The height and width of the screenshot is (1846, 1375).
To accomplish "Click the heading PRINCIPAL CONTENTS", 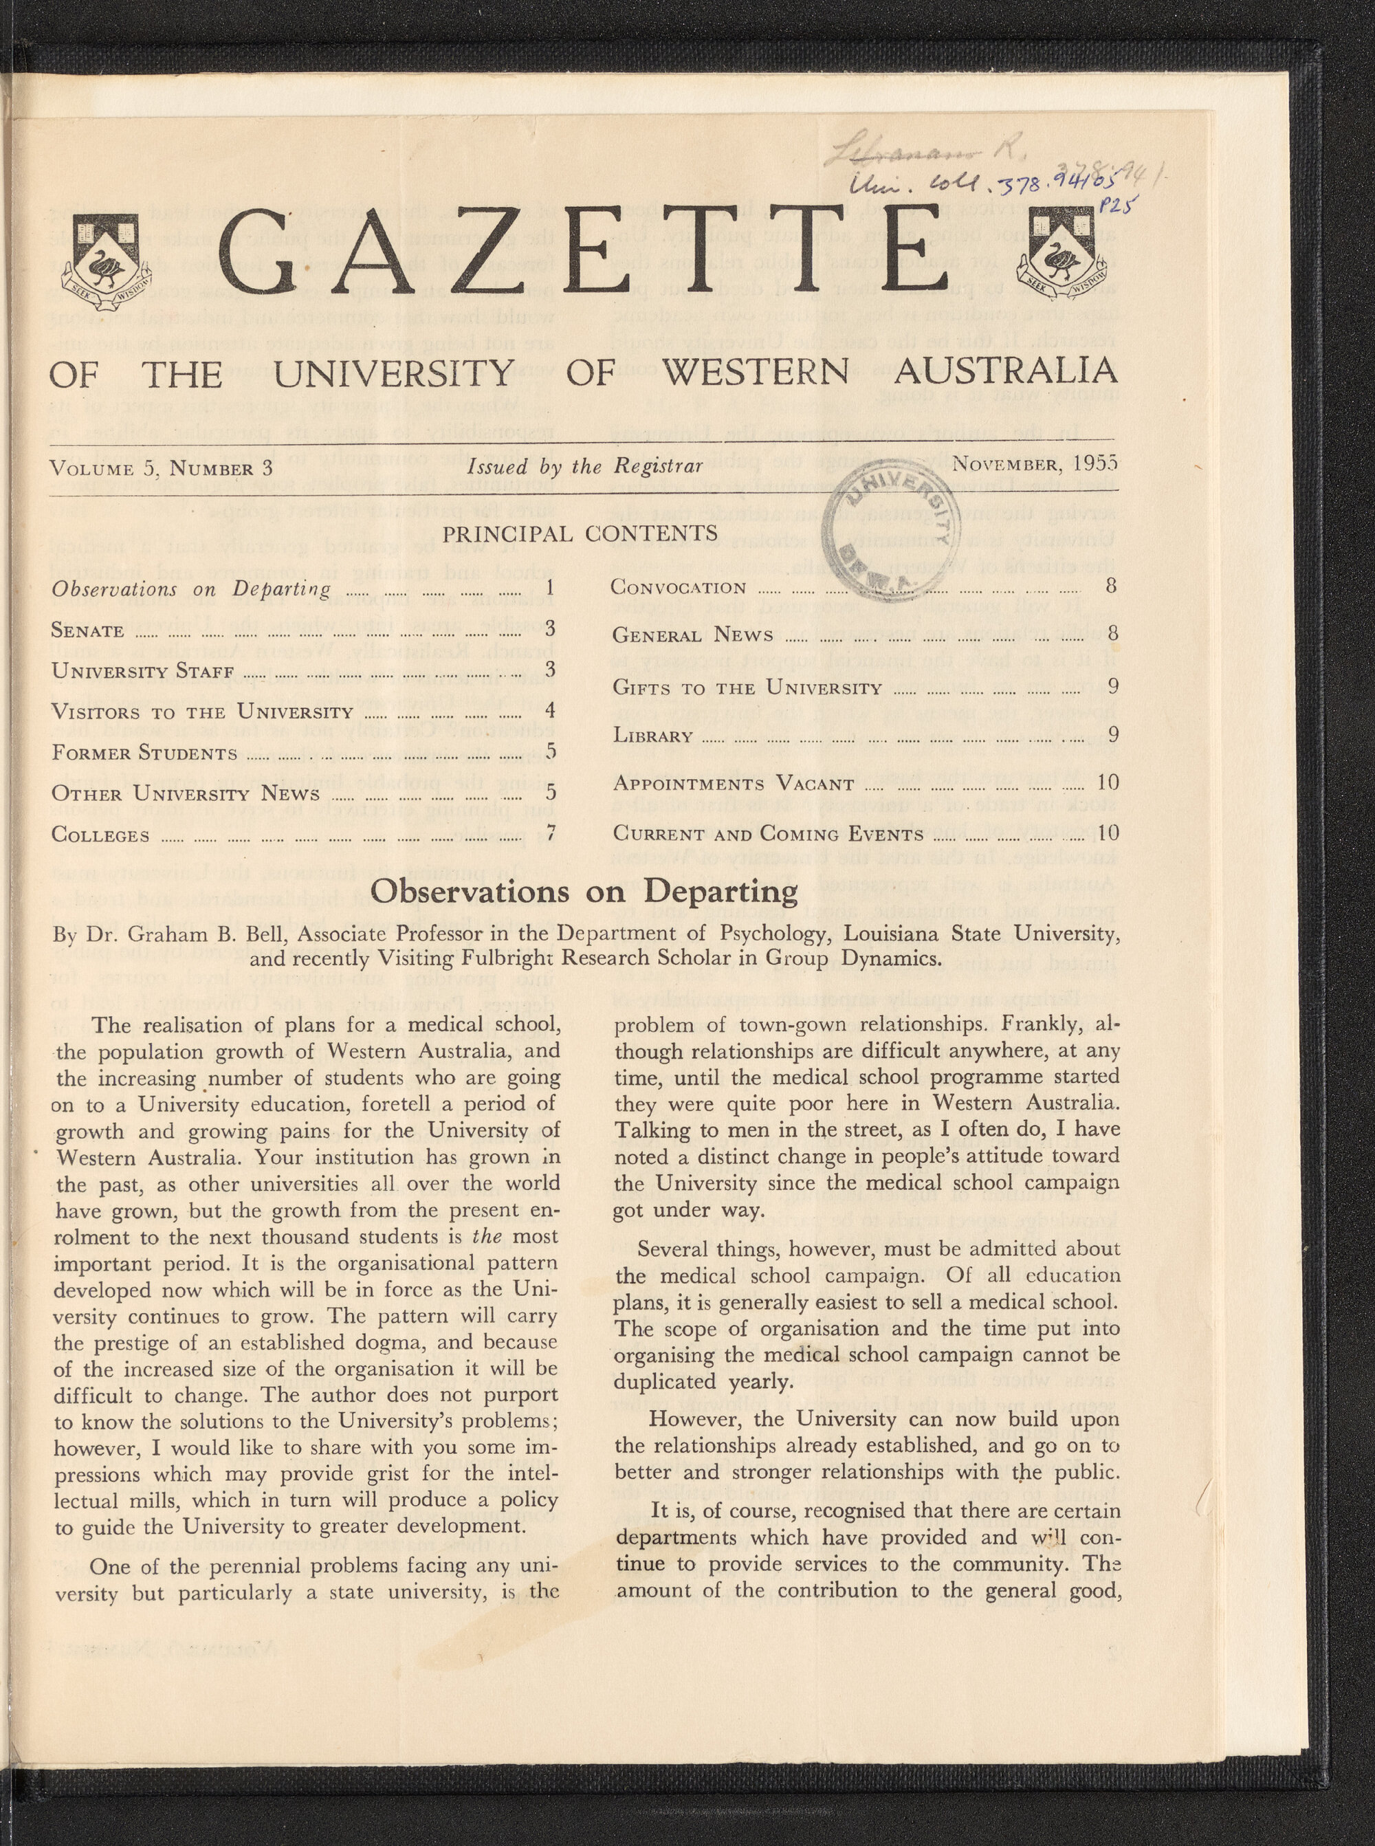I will coord(580,533).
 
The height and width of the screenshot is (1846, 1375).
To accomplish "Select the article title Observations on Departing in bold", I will coord(584,891).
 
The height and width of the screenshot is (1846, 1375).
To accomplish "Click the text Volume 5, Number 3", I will coord(162,467).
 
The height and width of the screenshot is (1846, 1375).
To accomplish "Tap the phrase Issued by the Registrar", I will coord(585,466).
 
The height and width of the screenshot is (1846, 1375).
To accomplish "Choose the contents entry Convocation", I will coord(679,586).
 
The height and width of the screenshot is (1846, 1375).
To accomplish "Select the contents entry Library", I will coord(652,736).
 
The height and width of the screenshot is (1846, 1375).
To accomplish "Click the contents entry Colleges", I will coord(100,834).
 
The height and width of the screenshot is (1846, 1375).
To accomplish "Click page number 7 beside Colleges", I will coord(550,833).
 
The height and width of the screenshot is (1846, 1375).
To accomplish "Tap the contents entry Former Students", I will coord(144,754).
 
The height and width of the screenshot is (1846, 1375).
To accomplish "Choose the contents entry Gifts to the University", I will coord(747,688).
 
